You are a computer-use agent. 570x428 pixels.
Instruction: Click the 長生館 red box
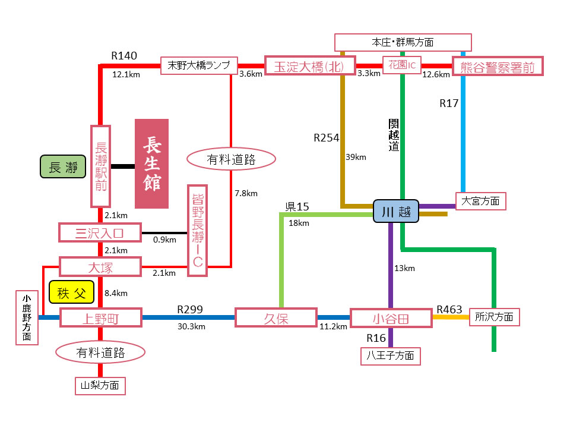(x=151, y=163)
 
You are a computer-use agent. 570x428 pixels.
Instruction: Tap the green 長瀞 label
(x=63, y=167)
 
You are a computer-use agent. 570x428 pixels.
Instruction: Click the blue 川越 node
(x=396, y=212)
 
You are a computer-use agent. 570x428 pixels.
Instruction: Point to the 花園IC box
(x=402, y=65)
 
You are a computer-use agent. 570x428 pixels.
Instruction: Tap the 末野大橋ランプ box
(x=199, y=65)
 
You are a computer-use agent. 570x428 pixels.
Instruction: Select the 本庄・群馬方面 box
(x=403, y=43)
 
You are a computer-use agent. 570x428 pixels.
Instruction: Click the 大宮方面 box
(x=481, y=201)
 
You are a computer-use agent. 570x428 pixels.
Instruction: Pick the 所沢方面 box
(x=494, y=317)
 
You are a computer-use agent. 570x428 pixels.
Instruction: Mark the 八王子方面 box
(x=391, y=356)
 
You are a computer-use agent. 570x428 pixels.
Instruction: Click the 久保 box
(x=275, y=317)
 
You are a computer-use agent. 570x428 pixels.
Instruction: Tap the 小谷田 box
(x=391, y=318)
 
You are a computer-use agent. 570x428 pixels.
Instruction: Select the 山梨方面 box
(x=100, y=386)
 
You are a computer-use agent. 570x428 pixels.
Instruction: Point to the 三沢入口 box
(x=100, y=232)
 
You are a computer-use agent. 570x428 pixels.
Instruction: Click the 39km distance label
(x=356, y=157)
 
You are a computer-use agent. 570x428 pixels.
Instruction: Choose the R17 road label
(x=449, y=103)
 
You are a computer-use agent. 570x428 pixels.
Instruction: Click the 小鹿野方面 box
(x=27, y=317)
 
